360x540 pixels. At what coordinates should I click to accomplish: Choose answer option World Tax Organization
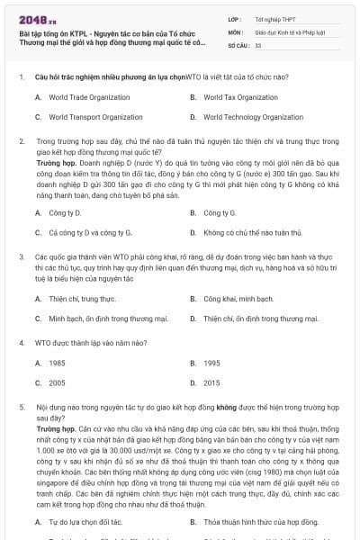(238, 96)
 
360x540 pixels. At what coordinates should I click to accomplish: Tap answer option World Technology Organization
(253, 117)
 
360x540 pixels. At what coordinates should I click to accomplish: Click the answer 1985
(57, 363)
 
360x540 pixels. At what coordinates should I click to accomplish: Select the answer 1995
(211, 363)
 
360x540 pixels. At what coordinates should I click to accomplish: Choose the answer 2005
(57, 383)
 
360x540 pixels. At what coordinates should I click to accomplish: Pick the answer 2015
(211, 383)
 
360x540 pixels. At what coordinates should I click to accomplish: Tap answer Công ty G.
(220, 213)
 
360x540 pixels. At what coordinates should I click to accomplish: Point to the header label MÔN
(236, 31)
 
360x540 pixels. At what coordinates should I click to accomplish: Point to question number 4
(21, 343)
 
